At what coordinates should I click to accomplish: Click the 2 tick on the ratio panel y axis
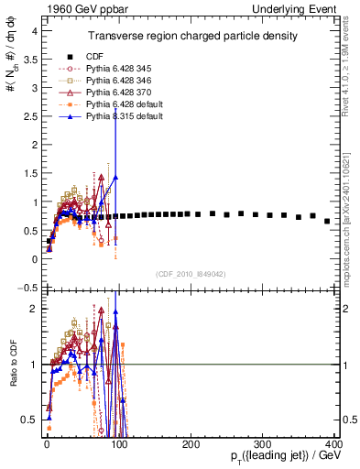pyautogui.click(x=35, y=309)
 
